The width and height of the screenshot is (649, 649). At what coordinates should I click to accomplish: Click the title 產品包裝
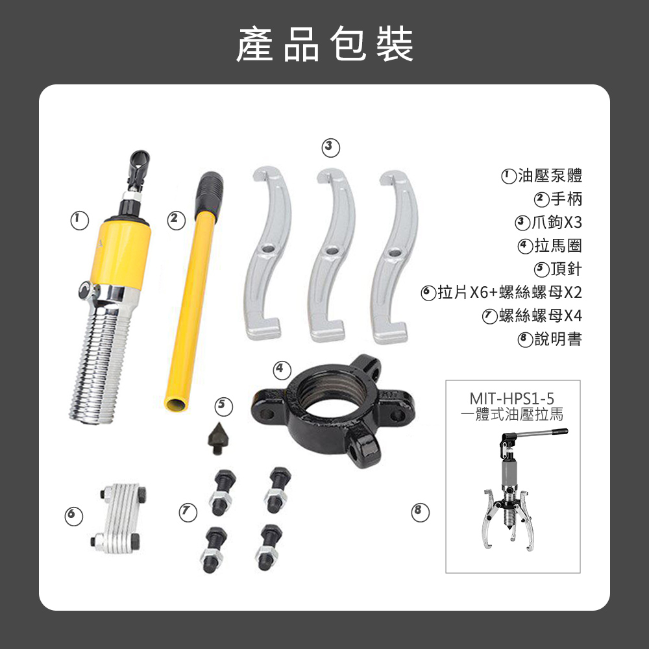[324, 44]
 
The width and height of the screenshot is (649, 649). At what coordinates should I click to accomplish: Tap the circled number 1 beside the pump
[79, 221]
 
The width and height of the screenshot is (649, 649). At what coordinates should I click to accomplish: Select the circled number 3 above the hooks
[331, 148]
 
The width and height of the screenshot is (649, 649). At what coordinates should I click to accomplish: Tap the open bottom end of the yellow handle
[175, 404]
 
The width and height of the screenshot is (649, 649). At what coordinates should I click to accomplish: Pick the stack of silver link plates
[118, 517]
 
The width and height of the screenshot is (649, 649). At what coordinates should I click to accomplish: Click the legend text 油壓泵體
[550, 175]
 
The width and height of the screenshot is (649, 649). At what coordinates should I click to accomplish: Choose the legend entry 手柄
[566, 199]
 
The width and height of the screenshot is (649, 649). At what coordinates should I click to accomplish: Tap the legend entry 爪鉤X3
[557, 222]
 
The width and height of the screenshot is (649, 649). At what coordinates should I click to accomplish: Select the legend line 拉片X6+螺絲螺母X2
[510, 292]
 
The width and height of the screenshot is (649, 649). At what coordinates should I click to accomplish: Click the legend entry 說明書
[558, 339]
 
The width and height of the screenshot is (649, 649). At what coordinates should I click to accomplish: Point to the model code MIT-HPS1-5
[511, 398]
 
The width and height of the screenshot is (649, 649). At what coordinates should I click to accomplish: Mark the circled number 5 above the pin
[223, 406]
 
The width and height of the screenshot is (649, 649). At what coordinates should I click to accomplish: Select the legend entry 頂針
[566, 269]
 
